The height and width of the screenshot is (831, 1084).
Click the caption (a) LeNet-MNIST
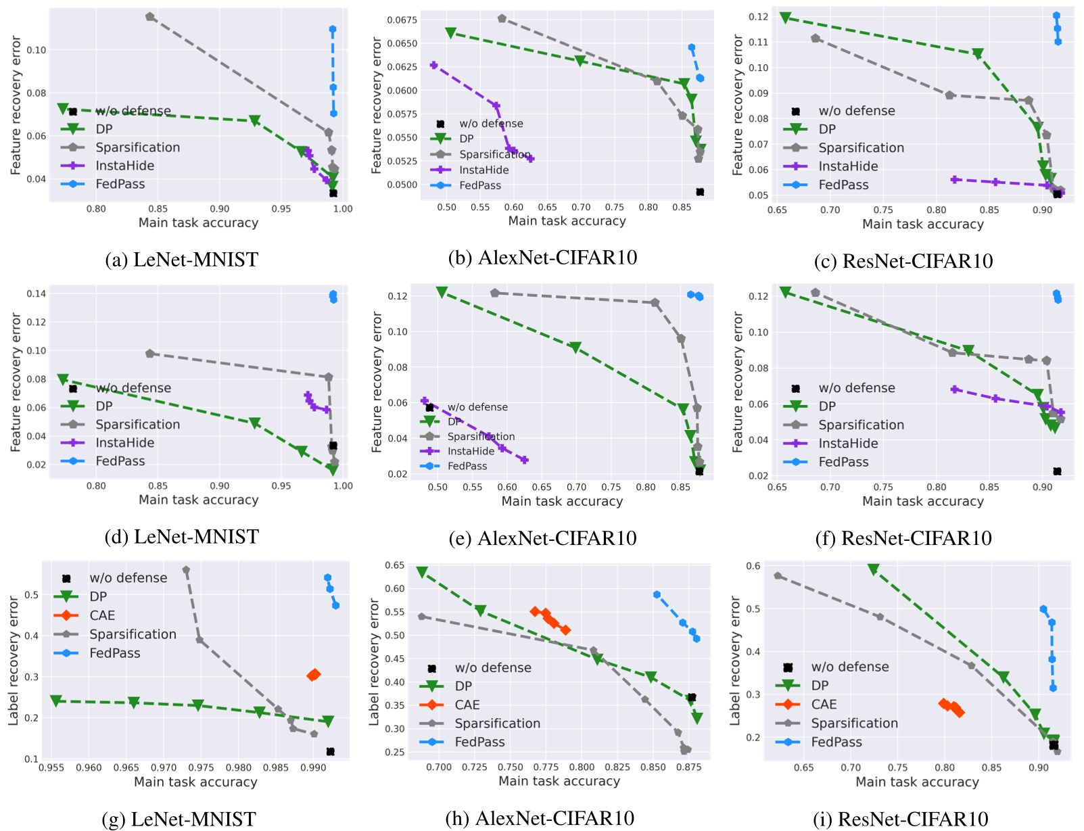click(181, 260)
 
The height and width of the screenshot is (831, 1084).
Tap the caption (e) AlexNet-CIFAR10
click(542, 538)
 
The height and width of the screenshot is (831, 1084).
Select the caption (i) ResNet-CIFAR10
click(903, 819)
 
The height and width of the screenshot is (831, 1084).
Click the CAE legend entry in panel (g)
click(102, 615)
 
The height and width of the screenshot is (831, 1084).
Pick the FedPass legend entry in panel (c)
click(843, 185)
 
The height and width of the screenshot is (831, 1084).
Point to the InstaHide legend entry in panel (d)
click(124, 443)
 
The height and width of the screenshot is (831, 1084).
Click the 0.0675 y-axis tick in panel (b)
click(402, 20)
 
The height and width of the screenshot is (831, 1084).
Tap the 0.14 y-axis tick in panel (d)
click(37, 293)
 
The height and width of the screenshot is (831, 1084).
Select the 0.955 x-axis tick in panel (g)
click(51, 767)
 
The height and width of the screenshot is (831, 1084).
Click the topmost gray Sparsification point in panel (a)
click(150, 17)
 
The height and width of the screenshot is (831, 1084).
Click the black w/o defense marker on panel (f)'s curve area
click(1057, 471)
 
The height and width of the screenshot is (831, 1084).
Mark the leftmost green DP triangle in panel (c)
click(785, 18)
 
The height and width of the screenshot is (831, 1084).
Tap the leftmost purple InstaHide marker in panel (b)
click(434, 66)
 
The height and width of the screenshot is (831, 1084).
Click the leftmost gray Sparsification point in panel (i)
click(778, 576)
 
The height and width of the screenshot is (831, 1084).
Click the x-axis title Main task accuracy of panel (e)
click(561, 501)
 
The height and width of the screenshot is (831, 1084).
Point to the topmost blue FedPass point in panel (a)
click(333, 30)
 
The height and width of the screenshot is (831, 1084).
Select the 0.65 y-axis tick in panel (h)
click(395, 565)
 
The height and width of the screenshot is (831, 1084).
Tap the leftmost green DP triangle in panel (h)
click(422, 573)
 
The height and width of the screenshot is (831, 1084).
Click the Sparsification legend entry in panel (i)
click(854, 723)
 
